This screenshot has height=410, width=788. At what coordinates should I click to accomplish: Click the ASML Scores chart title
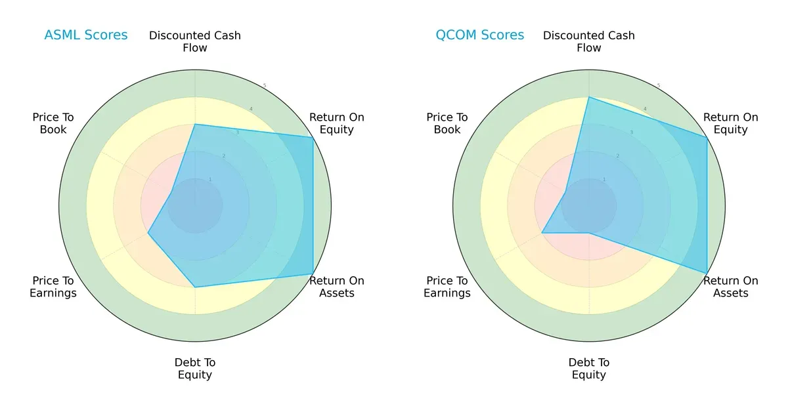pos(86,35)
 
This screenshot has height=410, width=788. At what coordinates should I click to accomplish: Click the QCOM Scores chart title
pos(480,35)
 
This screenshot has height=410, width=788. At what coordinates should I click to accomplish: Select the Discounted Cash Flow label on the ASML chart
pos(195,41)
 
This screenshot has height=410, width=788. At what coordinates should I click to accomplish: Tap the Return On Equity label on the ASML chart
pos(337,123)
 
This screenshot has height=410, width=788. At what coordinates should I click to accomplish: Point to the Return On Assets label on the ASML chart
pos(337,287)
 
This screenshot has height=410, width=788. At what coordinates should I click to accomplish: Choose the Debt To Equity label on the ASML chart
pos(195,369)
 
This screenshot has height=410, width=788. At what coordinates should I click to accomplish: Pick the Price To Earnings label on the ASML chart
pos(53,287)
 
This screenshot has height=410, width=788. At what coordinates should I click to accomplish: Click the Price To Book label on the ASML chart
pos(53,123)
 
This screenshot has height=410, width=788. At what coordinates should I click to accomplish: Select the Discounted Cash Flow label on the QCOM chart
pos(589,41)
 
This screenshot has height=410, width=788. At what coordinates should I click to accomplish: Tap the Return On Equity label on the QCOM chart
pos(731,123)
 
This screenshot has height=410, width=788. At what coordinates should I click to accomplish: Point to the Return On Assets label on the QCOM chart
pos(731,287)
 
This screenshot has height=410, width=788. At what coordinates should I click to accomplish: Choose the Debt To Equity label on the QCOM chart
pos(589,369)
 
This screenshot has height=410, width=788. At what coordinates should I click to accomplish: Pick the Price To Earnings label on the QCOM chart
pos(447,287)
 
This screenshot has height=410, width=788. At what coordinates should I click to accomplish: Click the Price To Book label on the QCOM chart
pos(447,123)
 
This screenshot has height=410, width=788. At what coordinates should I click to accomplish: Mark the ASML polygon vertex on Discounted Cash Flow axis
pos(195,124)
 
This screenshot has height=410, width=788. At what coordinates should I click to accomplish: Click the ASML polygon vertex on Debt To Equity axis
pos(195,287)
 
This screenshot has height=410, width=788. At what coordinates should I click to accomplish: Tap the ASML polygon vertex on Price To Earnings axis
pos(148,233)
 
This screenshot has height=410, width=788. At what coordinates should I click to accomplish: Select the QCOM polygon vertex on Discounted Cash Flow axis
pos(589,97)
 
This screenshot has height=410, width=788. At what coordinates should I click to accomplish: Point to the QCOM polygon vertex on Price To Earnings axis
pos(542,233)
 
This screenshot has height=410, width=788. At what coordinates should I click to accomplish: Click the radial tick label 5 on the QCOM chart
pos(659,85)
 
